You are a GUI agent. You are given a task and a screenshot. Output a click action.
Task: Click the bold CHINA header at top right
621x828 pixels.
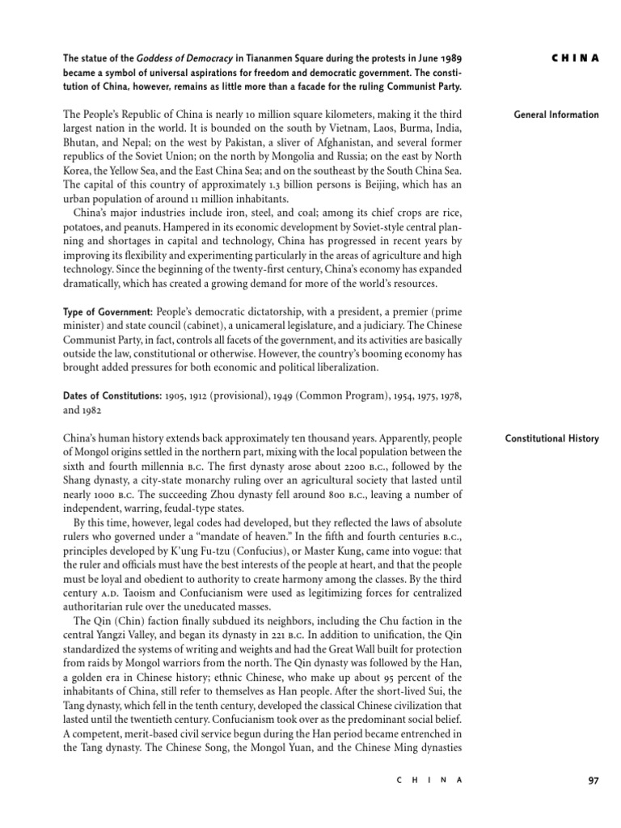pos(575,57)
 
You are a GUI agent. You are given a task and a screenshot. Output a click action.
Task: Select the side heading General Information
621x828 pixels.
pos(556,115)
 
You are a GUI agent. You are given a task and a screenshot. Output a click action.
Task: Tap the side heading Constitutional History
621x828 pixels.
pos(552,439)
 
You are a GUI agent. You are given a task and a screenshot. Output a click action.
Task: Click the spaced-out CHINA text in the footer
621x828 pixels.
pos(429,780)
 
